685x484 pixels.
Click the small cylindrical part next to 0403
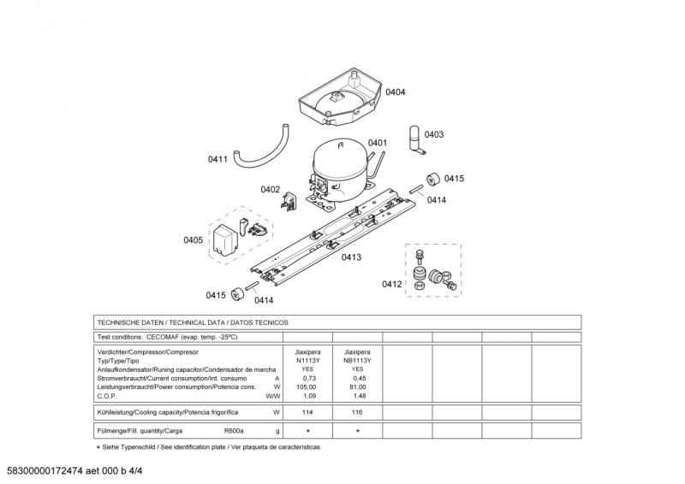(416, 139)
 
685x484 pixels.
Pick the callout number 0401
(378, 143)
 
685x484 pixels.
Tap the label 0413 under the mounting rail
(351, 257)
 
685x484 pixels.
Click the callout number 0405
(194, 240)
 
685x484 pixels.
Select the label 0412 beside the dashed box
(392, 284)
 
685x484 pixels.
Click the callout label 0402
(271, 189)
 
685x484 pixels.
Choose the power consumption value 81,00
(359, 387)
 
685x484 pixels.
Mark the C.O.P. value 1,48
(359, 396)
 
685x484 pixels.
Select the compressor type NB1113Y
(357, 360)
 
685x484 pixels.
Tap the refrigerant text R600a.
(235, 431)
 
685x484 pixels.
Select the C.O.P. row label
(107, 396)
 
